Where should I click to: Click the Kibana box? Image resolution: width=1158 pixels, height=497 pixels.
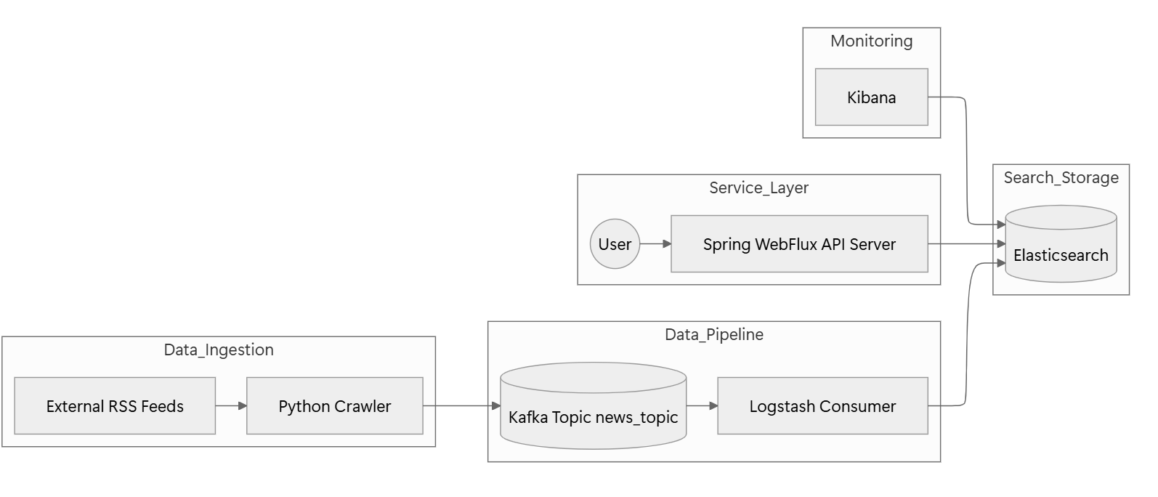coord(871,97)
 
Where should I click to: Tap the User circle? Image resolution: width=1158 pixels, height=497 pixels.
coord(615,244)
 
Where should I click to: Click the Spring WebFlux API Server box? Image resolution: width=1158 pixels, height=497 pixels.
coord(799,244)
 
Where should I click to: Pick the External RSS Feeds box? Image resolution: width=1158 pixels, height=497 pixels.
coord(115,406)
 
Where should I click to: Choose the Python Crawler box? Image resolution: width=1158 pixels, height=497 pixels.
coord(334,406)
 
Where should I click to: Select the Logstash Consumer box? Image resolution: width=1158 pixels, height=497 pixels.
coord(822,406)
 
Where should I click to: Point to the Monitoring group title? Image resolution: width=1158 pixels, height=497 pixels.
coord(871,41)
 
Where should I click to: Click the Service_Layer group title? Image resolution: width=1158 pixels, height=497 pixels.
coord(758,188)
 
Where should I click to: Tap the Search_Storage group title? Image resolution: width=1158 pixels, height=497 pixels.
coord(1061,178)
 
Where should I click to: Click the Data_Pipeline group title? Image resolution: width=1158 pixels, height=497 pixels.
coord(713,335)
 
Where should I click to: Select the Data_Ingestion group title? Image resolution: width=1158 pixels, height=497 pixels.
coord(218,350)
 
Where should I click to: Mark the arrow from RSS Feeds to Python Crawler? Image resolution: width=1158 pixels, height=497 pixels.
coord(231,406)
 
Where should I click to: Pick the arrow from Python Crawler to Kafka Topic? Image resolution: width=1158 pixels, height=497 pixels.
coord(461,406)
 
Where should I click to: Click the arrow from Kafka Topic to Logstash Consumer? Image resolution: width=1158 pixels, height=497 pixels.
coord(702,406)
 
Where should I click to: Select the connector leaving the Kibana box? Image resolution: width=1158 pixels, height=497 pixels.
coord(966,160)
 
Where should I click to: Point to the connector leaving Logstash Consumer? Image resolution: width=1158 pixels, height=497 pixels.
coord(966,334)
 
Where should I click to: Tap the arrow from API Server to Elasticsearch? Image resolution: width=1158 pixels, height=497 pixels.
coord(966,244)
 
